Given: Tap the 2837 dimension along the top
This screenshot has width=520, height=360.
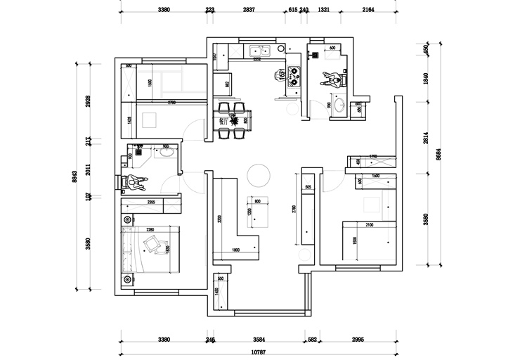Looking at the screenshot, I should click(x=249, y=11).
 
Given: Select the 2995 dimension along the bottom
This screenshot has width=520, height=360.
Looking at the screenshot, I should click(x=359, y=339).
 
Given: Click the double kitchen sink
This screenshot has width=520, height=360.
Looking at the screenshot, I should click(x=261, y=51).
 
